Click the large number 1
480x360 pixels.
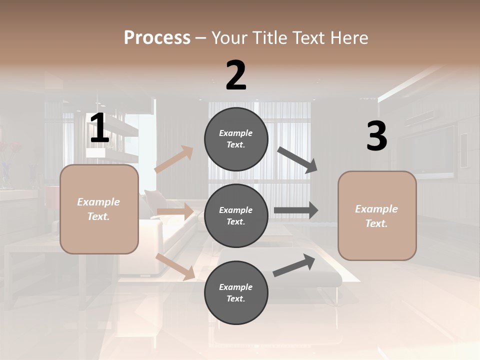(99, 128)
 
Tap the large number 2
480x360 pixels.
(236, 76)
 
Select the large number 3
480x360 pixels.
(376, 136)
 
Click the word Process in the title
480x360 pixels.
(157, 37)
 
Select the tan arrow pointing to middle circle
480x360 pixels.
(175, 211)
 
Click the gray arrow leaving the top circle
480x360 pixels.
(297, 160)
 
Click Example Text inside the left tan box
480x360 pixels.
(98, 209)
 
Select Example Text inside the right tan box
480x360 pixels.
(376, 216)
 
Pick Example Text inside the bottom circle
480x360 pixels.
(235, 292)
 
